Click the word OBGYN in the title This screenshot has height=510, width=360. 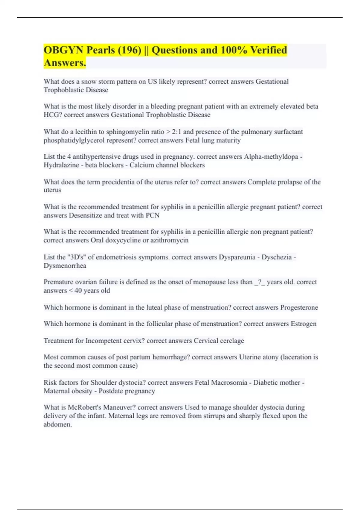pos(63,50)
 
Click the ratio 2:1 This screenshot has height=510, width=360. pos(176,132)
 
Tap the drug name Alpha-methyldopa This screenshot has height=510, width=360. pos(271,157)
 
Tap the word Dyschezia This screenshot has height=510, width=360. pos(276,257)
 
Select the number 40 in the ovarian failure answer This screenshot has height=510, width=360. pos(78,290)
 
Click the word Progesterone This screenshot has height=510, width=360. pos(299,307)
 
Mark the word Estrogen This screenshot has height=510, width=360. pos(303,324)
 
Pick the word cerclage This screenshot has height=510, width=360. pos(232,341)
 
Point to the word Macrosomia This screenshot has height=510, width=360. pos(229,382)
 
